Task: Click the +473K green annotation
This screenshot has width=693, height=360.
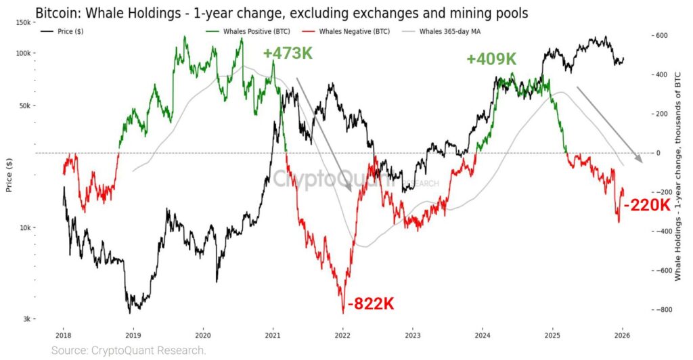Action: click(288, 52)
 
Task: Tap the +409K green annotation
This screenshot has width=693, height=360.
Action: click(491, 59)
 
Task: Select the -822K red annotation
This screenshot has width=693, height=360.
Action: click(370, 304)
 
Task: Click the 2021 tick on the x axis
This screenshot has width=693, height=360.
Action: click(273, 334)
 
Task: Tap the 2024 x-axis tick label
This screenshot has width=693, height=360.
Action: click(483, 334)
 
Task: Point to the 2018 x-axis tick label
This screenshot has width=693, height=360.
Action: click(64, 334)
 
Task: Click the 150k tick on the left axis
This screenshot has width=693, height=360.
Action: click(24, 22)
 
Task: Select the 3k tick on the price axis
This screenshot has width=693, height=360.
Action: click(27, 319)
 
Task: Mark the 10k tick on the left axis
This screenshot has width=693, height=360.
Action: click(26, 228)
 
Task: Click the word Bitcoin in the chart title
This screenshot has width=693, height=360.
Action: click(57, 12)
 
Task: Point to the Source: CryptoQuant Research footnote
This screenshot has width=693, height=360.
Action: click(129, 351)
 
